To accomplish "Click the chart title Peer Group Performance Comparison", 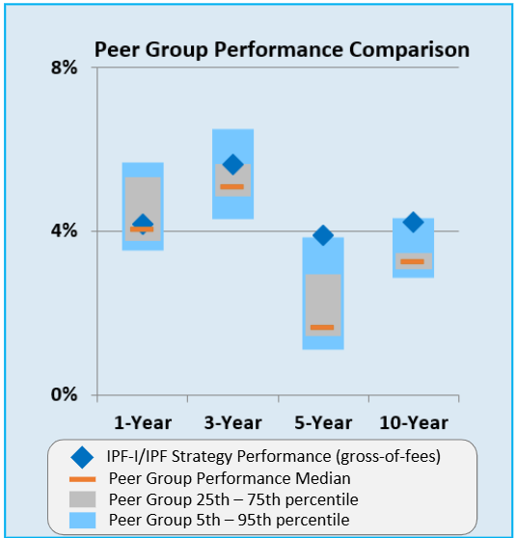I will (281, 49).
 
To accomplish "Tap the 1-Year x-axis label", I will (142, 421).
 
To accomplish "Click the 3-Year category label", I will (232, 421).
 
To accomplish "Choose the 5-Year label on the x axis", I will (322, 421).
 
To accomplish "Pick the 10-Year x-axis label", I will (413, 421).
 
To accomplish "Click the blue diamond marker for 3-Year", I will (232, 165).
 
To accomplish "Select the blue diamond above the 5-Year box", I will (323, 235).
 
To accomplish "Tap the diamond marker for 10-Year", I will (413, 223).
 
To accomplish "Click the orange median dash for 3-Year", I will (231, 186).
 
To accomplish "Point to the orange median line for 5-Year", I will (322, 328).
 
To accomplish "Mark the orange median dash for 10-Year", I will (413, 261).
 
